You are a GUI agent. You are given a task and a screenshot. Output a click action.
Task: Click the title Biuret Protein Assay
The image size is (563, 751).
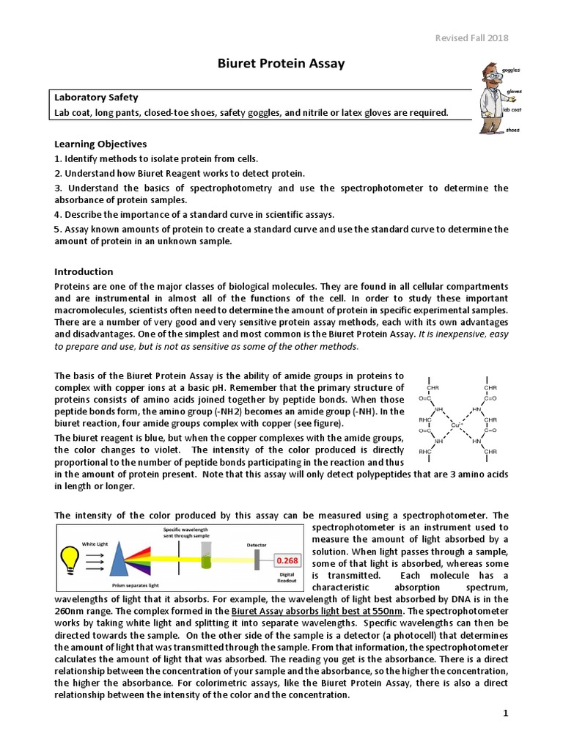coord(281,64)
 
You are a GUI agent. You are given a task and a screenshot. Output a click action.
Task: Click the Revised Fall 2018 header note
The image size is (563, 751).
coord(472,38)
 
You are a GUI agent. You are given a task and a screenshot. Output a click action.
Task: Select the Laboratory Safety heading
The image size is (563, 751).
coord(96,98)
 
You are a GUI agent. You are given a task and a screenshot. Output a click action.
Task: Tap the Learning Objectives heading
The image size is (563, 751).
coord(100,144)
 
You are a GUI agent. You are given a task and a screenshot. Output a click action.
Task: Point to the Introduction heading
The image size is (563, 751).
coord(84,271)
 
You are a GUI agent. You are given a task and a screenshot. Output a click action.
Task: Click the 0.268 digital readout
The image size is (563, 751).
coord(285,560)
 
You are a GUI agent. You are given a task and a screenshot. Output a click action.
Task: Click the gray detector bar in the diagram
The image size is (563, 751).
coord(257,560)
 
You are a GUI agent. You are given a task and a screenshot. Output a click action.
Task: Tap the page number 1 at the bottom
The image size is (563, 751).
coord(505,713)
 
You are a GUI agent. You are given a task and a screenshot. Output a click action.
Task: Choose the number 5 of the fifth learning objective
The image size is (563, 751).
coord(57,229)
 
